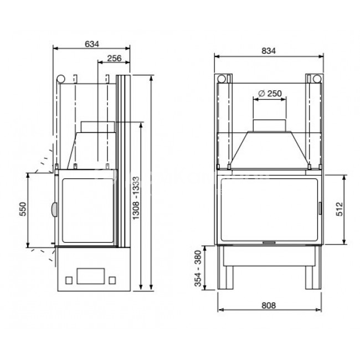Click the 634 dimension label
click(x=92, y=44)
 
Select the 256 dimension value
click(x=114, y=58)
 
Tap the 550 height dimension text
click(x=23, y=209)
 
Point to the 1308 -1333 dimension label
click(x=136, y=198)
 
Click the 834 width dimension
click(x=269, y=51)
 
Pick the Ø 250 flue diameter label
click(x=270, y=94)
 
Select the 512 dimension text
click(x=340, y=209)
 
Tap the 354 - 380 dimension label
click(x=198, y=269)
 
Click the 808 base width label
click(x=269, y=306)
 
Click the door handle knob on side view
click(x=54, y=209)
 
